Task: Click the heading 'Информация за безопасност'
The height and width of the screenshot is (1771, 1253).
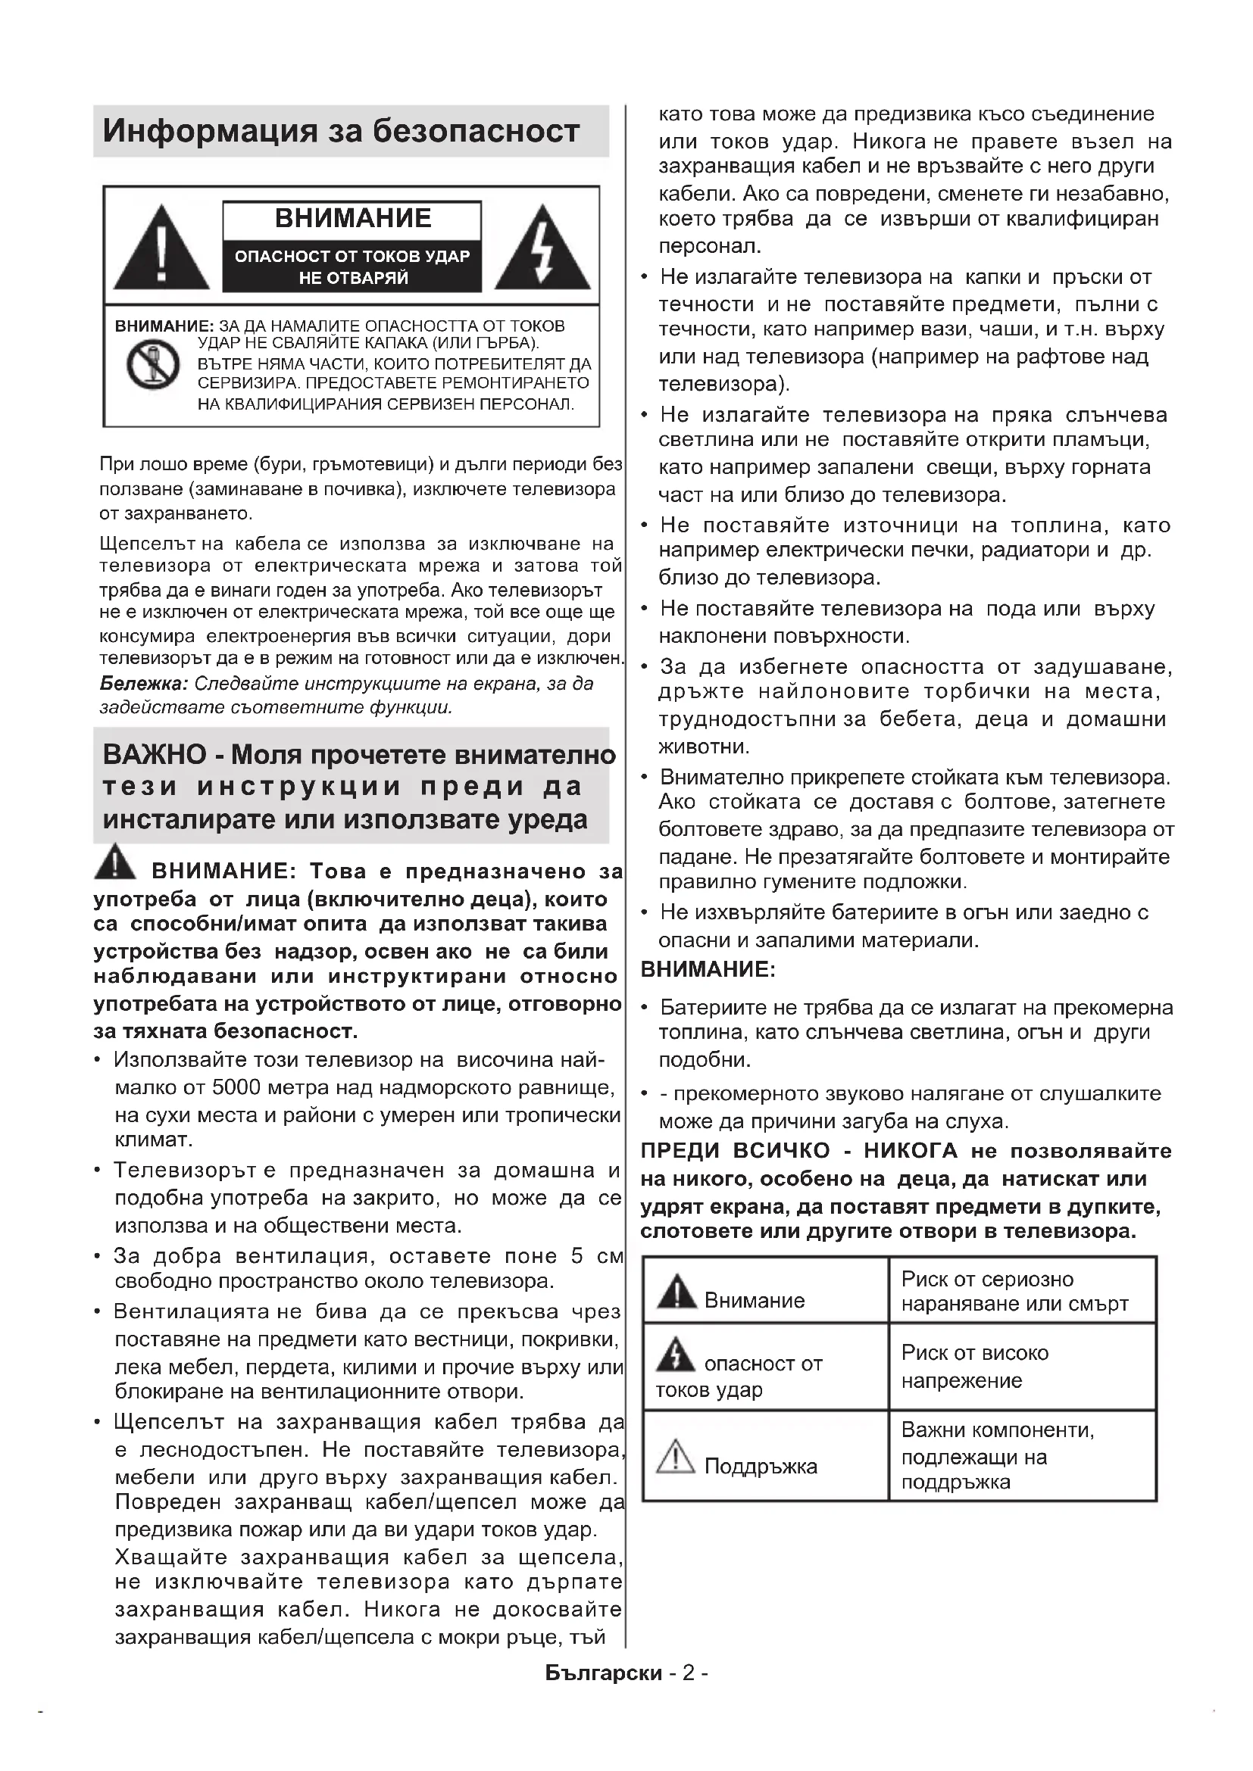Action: pos(341,132)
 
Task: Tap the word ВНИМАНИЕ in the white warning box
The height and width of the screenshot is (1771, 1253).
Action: pos(352,218)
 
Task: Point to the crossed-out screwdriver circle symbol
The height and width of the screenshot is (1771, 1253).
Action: pos(154,365)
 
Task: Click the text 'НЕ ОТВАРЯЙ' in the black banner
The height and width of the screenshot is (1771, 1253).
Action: pos(352,278)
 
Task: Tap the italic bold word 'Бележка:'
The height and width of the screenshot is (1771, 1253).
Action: pos(144,684)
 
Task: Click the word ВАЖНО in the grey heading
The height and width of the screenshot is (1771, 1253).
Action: pos(155,754)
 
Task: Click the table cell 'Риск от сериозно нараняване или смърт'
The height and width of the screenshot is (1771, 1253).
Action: pos(1014,1291)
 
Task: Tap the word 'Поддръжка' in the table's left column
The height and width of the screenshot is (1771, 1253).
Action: pos(760,1466)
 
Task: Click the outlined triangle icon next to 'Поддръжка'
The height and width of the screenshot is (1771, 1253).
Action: pos(676,1456)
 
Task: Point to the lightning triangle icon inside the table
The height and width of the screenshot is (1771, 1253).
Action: pos(676,1355)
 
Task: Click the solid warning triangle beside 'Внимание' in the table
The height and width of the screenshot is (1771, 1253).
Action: pos(676,1292)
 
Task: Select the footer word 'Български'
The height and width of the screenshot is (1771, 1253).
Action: pos(603,1673)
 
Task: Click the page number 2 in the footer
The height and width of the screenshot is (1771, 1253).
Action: pos(688,1673)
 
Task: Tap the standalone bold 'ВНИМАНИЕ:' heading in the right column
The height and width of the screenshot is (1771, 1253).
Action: pos(708,970)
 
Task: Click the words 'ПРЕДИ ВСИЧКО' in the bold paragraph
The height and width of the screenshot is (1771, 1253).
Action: pos(736,1151)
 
